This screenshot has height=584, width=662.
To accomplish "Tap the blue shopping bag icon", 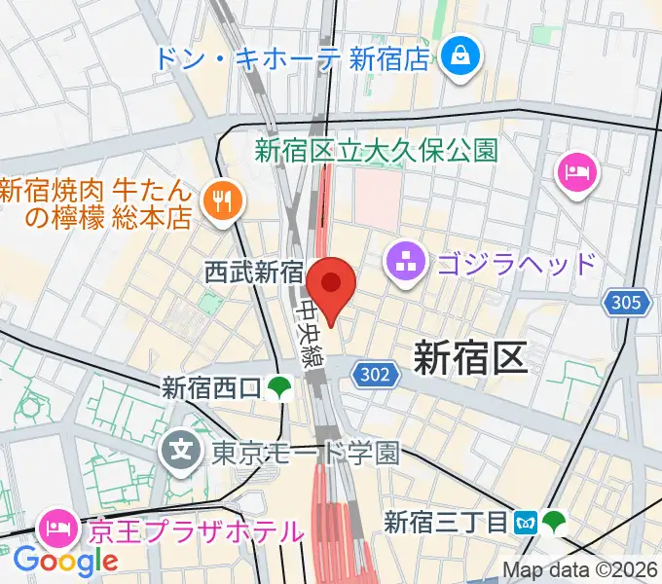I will click(x=455, y=56).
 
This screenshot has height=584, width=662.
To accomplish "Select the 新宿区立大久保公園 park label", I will click(x=376, y=150).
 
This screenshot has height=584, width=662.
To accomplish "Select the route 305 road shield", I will click(x=627, y=303).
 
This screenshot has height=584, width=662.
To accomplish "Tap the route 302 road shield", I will click(x=372, y=373).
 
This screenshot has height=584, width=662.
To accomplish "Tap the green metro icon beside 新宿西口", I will click(x=279, y=388).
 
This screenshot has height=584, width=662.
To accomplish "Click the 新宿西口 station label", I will click(x=211, y=388).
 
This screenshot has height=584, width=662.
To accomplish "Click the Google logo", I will click(x=65, y=561).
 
